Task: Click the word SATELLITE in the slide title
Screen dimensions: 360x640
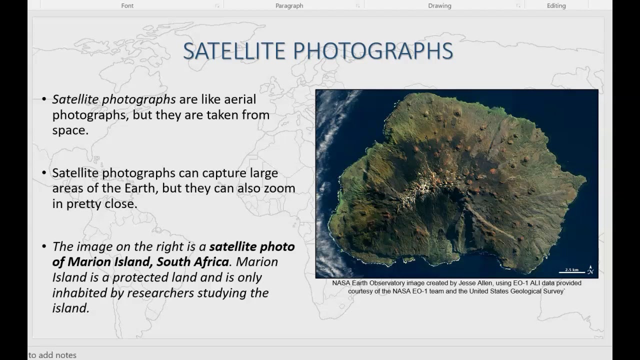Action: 234,51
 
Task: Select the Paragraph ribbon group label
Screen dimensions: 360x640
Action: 289,6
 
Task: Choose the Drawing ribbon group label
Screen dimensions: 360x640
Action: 439,6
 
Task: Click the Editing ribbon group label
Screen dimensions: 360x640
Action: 556,6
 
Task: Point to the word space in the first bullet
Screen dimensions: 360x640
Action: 69,130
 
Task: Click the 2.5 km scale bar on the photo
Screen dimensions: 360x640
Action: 571,271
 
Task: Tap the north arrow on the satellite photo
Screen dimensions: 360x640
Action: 590,270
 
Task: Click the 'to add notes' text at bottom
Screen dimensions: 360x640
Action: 52,355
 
